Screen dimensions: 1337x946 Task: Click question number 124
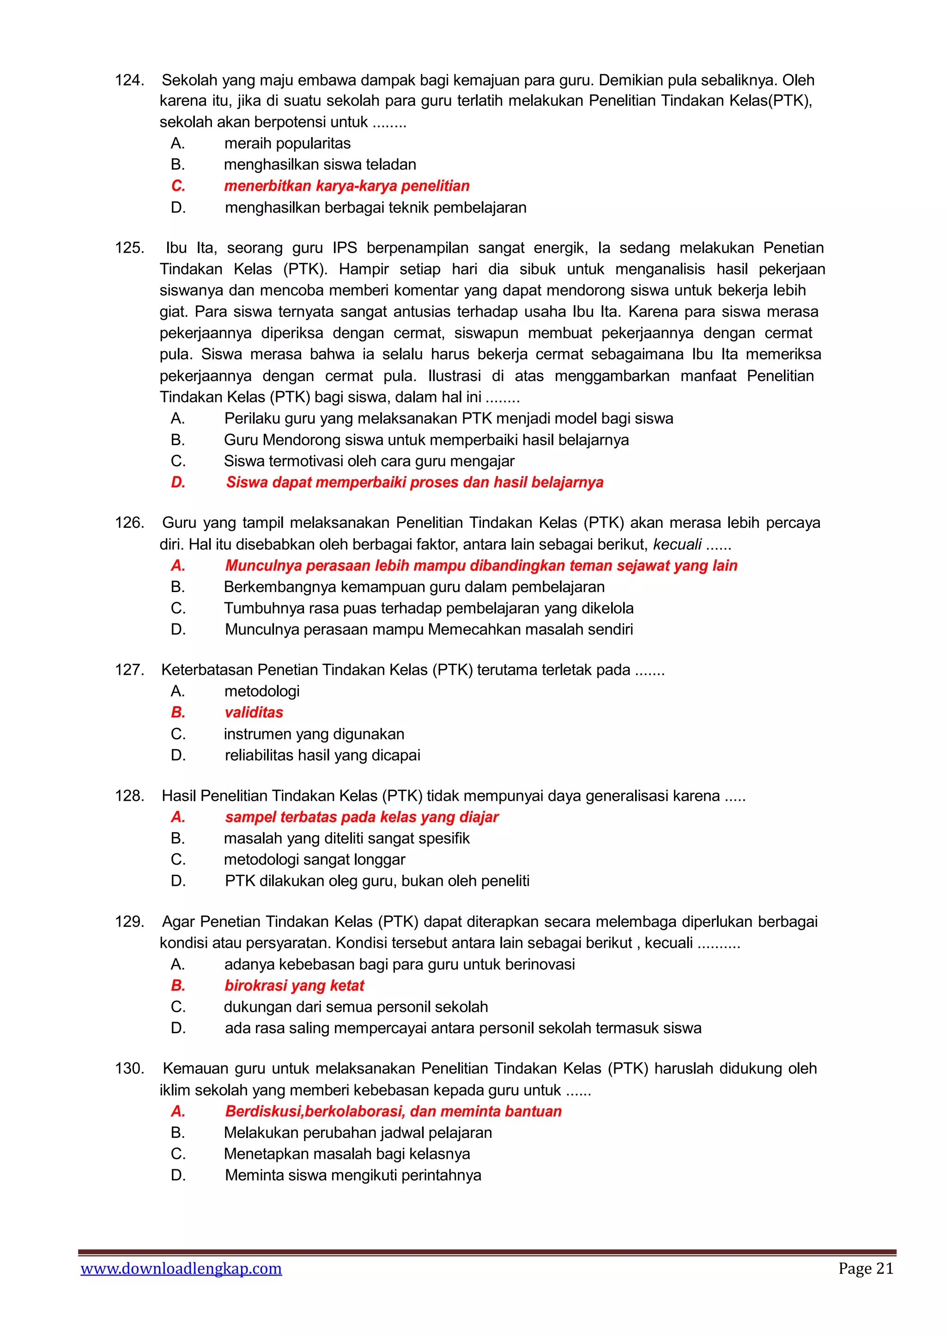coord(129,80)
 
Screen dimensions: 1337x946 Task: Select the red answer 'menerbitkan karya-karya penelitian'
coord(346,186)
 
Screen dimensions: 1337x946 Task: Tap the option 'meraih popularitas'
coord(287,143)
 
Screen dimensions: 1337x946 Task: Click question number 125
coord(129,248)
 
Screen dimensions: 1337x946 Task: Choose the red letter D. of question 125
coord(178,482)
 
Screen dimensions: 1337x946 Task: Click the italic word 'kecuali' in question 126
coord(677,544)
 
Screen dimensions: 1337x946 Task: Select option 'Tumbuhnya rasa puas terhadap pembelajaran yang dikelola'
coord(428,608)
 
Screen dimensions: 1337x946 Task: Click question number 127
coord(129,670)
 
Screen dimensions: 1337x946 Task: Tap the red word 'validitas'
coord(254,712)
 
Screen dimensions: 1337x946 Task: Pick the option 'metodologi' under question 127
coord(261,691)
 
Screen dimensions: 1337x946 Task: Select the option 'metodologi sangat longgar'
coord(314,859)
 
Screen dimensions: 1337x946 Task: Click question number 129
coord(129,922)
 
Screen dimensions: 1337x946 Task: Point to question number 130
coord(129,1069)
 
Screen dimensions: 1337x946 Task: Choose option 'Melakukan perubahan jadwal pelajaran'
coord(358,1132)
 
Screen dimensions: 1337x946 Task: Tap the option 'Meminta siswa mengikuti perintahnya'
coord(353,1175)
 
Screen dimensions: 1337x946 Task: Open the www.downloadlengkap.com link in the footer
coord(181,1268)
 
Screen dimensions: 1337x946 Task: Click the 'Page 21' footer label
coord(866,1268)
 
